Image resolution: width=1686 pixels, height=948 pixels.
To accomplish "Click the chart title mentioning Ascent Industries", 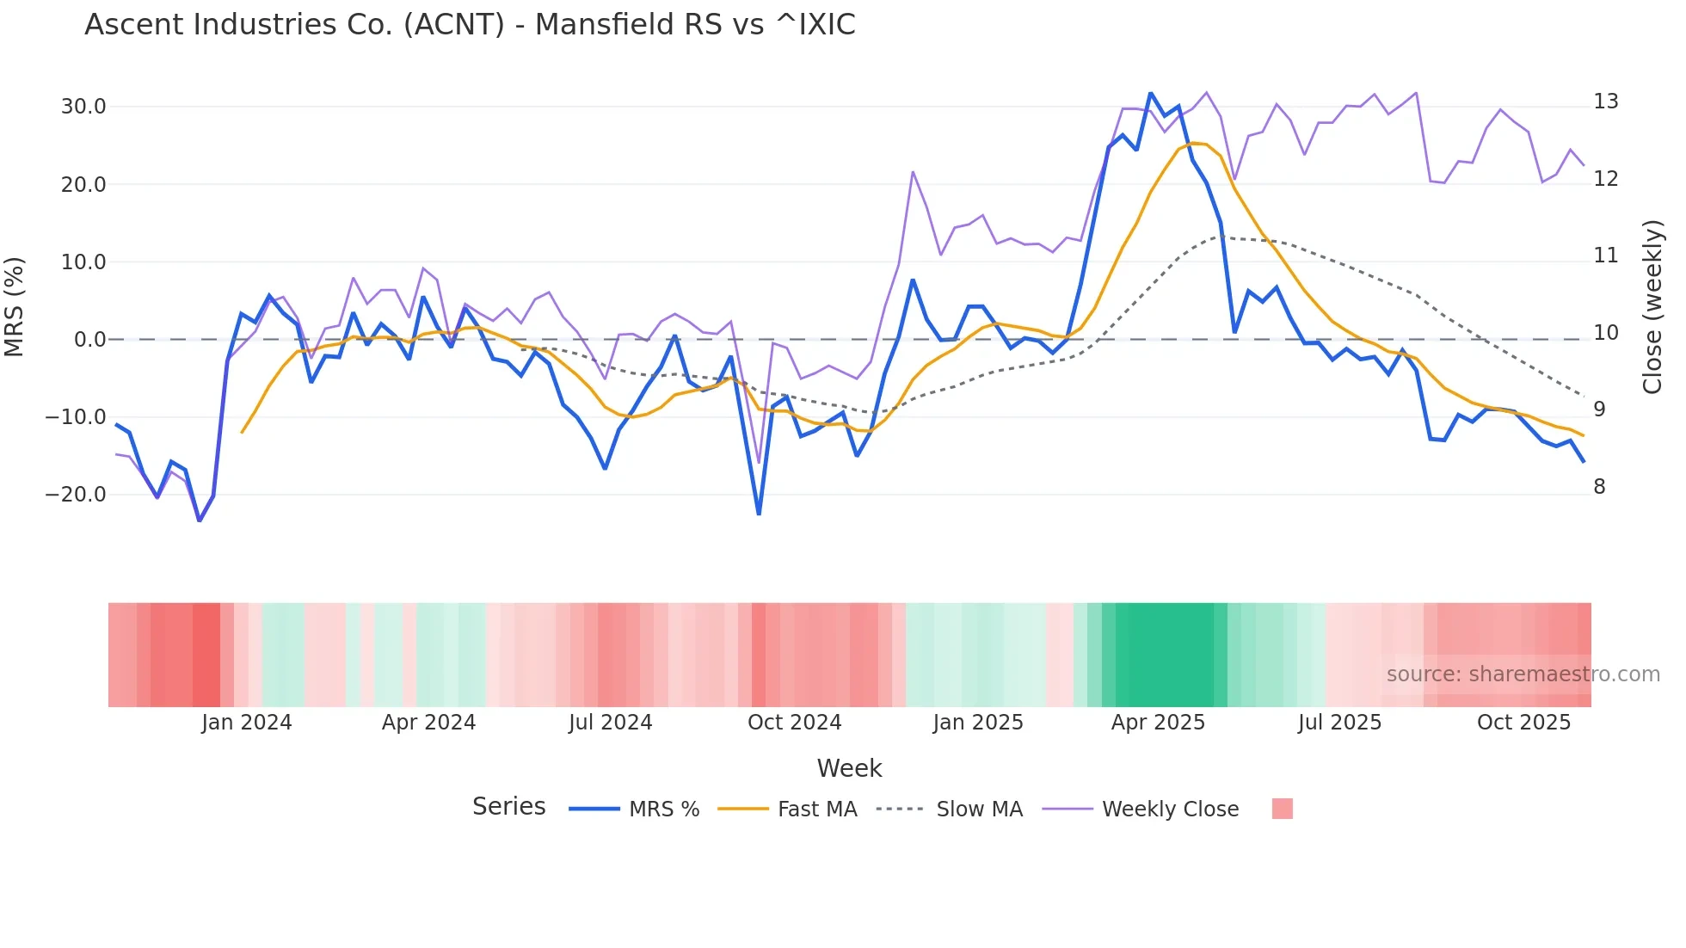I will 470,25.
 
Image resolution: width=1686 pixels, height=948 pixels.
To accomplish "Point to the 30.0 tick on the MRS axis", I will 83,107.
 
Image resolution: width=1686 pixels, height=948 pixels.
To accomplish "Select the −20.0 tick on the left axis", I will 76,495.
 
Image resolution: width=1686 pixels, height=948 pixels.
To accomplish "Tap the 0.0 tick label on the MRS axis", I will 89,340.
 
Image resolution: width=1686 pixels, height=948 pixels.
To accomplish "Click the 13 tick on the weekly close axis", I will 1605,102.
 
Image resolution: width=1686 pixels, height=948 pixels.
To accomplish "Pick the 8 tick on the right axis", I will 1599,487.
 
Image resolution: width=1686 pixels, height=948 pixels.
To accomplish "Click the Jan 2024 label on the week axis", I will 247,723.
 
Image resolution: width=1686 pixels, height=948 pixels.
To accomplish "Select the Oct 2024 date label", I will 794,723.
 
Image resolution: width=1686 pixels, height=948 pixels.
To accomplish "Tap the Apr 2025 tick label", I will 1158,723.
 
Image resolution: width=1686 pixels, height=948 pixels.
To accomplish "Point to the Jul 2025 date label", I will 1339,723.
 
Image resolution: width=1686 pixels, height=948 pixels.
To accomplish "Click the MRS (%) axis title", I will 15,306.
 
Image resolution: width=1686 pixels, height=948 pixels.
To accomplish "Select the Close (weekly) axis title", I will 1652,307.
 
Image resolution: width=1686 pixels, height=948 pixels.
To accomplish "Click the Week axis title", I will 849,768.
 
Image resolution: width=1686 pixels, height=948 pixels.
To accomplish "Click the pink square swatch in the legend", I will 1282,809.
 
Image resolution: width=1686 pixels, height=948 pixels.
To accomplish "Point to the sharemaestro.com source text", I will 1523,674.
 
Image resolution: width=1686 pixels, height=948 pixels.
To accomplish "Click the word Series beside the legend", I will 509,807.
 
